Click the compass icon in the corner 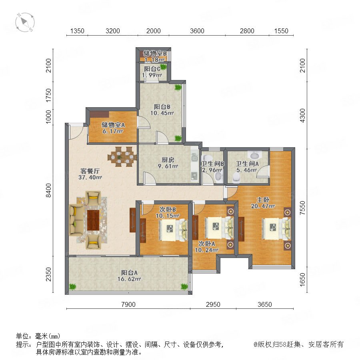click(x=25, y=22)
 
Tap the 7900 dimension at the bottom click(x=128, y=304)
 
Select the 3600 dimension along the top click(x=197, y=31)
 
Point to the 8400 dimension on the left click(x=49, y=190)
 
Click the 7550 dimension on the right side click(x=303, y=208)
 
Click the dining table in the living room click(x=122, y=157)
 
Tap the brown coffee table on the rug click(x=93, y=220)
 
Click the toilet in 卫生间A click(x=236, y=178)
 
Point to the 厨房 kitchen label click(x=168, y=160)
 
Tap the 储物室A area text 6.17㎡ click(x=113, y=131)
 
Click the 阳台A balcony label click(x=129, y=273)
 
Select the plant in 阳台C click(x=163, y=67)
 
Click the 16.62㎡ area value click(x=129, y=279)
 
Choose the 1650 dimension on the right click(x=303, y=280)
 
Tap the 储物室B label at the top click(x=155, y=54)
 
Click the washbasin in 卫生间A click(x=255, y=156)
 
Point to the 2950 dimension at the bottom click(x=213, y=304)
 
